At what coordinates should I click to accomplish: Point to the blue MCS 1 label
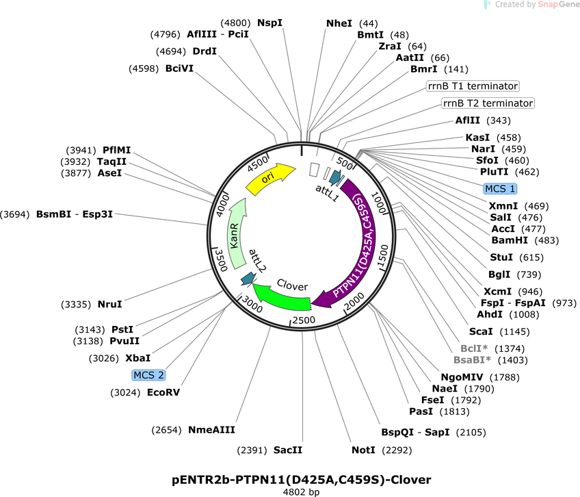(x=500, y=188)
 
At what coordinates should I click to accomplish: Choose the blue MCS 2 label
(x=148, y=375)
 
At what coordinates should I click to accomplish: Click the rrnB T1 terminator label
(x=473, y=86)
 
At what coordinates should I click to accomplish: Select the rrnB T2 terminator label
(x=488, y=103)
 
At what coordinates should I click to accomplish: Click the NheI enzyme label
(x=339, y=23)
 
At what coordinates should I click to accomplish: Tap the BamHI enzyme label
(x=510, y=240)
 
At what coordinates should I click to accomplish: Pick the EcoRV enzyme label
(x=163, y=392)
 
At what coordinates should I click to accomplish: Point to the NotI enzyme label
(x=363, y=450)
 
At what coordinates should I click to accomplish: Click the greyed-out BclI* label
(x=474, y=348)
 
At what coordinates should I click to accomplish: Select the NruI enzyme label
(x=109, y=304)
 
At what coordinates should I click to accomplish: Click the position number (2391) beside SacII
(x=252, y=450)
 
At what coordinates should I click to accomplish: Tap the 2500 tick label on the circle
(x=304, y=320)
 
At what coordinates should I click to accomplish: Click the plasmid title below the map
(x=302, y=480)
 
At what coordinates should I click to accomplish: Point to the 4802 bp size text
(x=301, y=492)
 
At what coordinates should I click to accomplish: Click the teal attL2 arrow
(x=248, y=279)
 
